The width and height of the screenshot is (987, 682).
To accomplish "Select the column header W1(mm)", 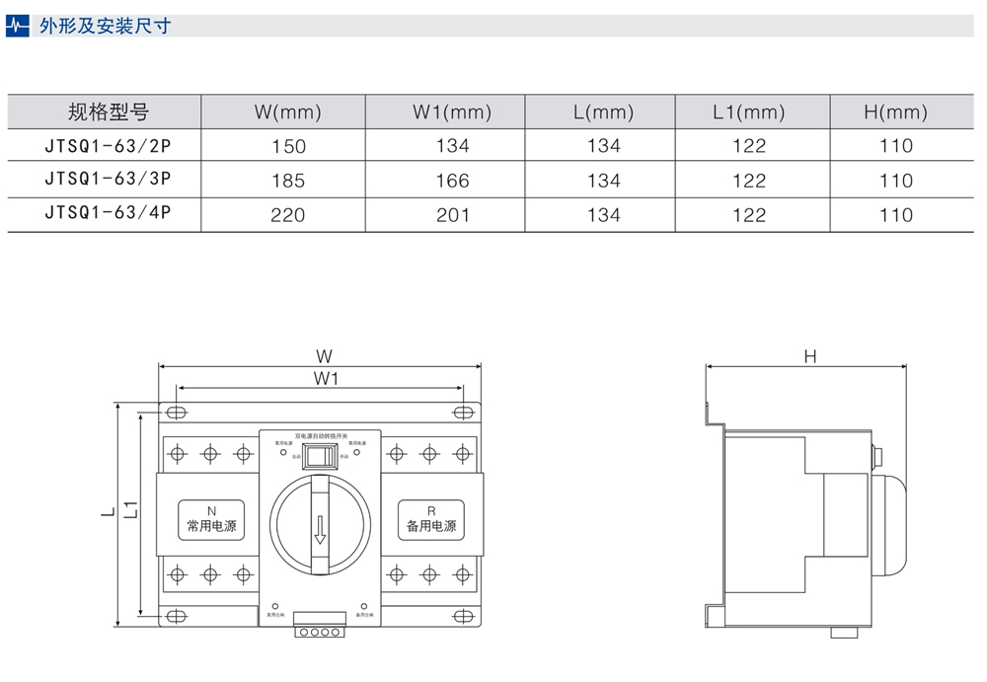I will click(451, 113).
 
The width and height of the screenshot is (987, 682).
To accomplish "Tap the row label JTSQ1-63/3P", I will click(109, 180).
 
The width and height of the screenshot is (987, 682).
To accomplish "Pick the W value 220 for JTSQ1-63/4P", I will click(288, 215).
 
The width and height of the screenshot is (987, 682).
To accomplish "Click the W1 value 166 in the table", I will click(452, 181).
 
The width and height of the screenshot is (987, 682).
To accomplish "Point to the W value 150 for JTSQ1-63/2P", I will click(288, 146).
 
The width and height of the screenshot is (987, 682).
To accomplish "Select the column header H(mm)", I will click(895, 113).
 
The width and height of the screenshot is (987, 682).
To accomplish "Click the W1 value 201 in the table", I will click(452, 215).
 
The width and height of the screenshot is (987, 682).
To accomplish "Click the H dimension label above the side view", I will click(809, 356).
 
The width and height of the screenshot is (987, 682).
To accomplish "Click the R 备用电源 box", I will click(431, 519).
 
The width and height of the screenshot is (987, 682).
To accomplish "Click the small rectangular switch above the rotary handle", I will click(319, 455).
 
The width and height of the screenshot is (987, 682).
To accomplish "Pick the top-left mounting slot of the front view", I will click(177, 413).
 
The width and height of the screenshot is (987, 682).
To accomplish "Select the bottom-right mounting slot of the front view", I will click(459, 617).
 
